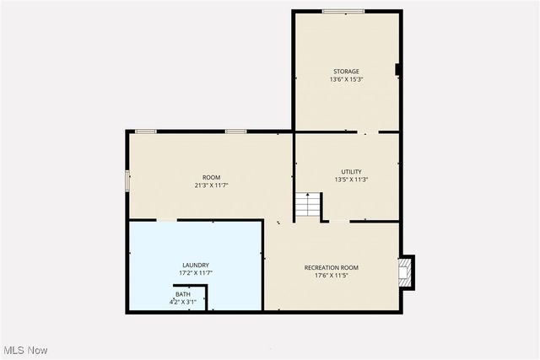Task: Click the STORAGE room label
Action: [x=346, y=72]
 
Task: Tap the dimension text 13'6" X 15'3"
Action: [x=346, y=80]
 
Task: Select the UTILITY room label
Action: [x=351, y=172]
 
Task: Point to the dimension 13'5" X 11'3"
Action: [x=351, y=180]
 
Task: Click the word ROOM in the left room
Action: [x=211, y=177]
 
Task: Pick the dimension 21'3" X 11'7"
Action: [x=211, y=185]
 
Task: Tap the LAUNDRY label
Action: [x=196, y=265]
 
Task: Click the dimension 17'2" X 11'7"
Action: [x=196, y=273]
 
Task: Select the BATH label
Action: [x=183, y=294]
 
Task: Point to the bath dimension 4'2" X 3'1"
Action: [x=183, y=302]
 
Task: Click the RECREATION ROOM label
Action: [x=332, y=267]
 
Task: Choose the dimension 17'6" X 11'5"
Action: [x=332, y=276]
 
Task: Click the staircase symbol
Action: [x=308, y=206]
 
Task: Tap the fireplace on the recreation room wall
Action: [x=407, y=272]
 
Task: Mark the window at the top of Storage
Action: [x=343, y=11]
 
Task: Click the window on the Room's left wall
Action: [x=128, y=180]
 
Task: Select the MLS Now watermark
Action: [x=25, y=350]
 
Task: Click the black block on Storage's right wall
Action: [x=397, y=70]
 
